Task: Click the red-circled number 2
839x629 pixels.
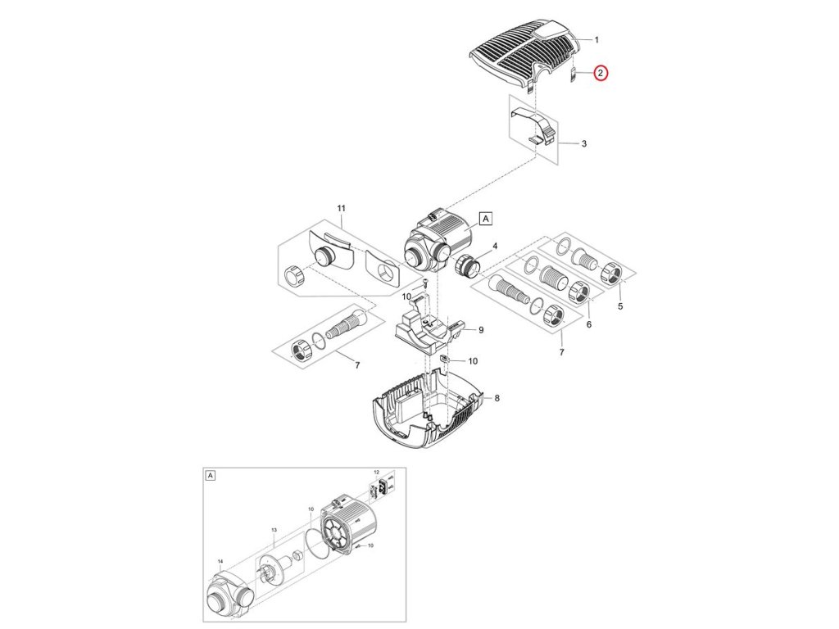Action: coord(601,74)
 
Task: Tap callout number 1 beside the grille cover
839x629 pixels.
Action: coord(596,39)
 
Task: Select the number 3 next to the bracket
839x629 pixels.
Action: coord(583,144)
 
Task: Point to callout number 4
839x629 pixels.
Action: coord(494,247)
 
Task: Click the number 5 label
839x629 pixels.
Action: coord(620,306)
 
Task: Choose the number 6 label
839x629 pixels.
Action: coord(589,325)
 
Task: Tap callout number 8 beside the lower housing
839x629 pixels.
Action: coord(497,398)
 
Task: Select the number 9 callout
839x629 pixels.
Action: coord(481,330)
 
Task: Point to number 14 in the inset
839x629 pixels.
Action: coord(220,562)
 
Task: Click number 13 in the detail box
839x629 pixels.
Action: coord(274,531)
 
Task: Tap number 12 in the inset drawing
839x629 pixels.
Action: coord(377,473)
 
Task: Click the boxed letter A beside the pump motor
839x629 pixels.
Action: coord(485,219)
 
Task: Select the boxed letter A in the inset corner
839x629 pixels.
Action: coord(211,475)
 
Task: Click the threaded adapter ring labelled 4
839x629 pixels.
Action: coord(464,266)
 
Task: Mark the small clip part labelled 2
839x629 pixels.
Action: coord(574,77)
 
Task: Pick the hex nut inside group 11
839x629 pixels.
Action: coord(294,275)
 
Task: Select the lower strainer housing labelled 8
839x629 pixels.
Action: coord(426,410)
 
